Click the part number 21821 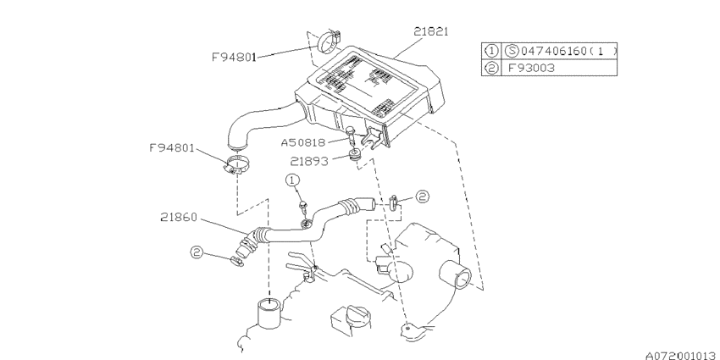click(x=430, y=31)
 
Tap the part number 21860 click(x=179, y=217)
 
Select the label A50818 click(x=303, y=143)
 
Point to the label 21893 click(x=309, y=162)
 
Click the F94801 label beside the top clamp click(x=234, y=58)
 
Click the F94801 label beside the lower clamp click(x=172, y=148)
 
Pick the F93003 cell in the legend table click(x=531, y=69)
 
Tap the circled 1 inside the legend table click(x=491, y=51)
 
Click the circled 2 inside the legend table click(x=491, y=69)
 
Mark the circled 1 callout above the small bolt click(x=292, y=180)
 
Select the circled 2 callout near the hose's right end click(x=422, y=197)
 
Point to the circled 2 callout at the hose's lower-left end click(x=197, y=252)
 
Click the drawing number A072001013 click(x=683, y=356)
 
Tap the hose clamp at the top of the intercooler click(x=330, y=41)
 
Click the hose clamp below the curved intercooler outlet click(x=235, y=165)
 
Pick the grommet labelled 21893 click(x=354, y=155)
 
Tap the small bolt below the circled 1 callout click(x=302, y=207)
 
